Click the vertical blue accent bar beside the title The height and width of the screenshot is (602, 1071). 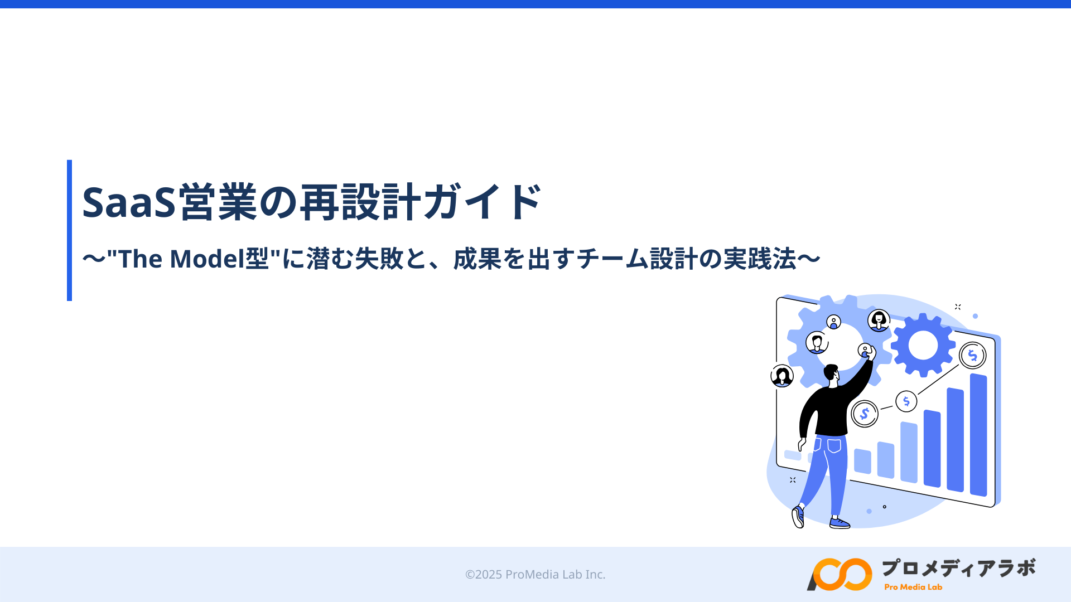pos(69,230)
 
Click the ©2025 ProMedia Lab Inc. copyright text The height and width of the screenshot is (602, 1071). pos(535,574)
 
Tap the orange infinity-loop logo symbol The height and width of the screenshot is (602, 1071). pos(840,574)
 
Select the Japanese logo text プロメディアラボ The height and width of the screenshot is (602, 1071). pos(958,568)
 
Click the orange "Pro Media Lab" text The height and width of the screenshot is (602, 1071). pos(913,587)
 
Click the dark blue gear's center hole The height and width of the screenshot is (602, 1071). pos(923,345)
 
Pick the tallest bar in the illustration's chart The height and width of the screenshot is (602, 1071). pos(979,435)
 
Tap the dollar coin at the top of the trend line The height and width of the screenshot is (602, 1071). pos(972,356)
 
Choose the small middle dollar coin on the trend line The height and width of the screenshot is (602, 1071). pos(906,401)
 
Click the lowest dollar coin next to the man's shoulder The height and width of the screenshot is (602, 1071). pos(865,414)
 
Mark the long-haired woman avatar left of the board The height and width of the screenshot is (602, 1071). pos(782,376)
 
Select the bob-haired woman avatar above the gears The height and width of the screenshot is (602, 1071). pos(879,321)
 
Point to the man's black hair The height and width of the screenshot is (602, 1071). pos(831,372)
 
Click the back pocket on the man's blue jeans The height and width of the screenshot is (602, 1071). pos(834,445)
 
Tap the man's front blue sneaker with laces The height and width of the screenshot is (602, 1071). pos(840,523)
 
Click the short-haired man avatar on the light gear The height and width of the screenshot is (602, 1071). pos(817,343)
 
